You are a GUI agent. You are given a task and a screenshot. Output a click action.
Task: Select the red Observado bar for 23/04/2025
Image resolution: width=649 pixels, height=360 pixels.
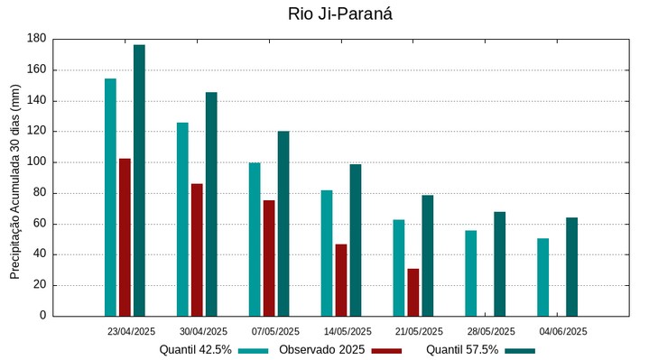point(125,237)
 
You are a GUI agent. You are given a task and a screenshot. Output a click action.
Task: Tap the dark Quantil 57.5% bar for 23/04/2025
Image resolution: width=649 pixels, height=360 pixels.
point(139,180)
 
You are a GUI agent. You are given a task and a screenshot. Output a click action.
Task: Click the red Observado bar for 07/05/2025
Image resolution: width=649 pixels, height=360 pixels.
point(269,258)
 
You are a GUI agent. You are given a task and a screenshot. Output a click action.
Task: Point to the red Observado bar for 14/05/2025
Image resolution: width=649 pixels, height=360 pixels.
point(341,280)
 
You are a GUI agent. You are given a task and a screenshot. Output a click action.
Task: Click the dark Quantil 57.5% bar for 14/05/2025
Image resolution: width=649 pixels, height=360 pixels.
point(356,240)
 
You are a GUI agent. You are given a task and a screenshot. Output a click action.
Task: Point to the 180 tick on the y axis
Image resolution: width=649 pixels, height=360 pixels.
point(37,39)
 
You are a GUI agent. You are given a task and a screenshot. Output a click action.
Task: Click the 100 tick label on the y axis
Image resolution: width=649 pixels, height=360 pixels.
point(37,162)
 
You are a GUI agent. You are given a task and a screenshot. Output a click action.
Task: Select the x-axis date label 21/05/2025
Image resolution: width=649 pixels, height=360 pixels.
point(420,331)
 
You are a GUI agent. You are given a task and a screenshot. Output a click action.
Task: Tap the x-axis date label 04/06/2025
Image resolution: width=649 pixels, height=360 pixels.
point(564,331)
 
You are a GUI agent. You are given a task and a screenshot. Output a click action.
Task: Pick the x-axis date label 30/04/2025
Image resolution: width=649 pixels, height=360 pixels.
point(203,331)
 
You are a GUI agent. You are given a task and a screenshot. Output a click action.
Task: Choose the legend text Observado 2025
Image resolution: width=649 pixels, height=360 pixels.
point(321,350)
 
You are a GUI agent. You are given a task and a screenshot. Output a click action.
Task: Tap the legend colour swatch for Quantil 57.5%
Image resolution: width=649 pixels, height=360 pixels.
point(520,350)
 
